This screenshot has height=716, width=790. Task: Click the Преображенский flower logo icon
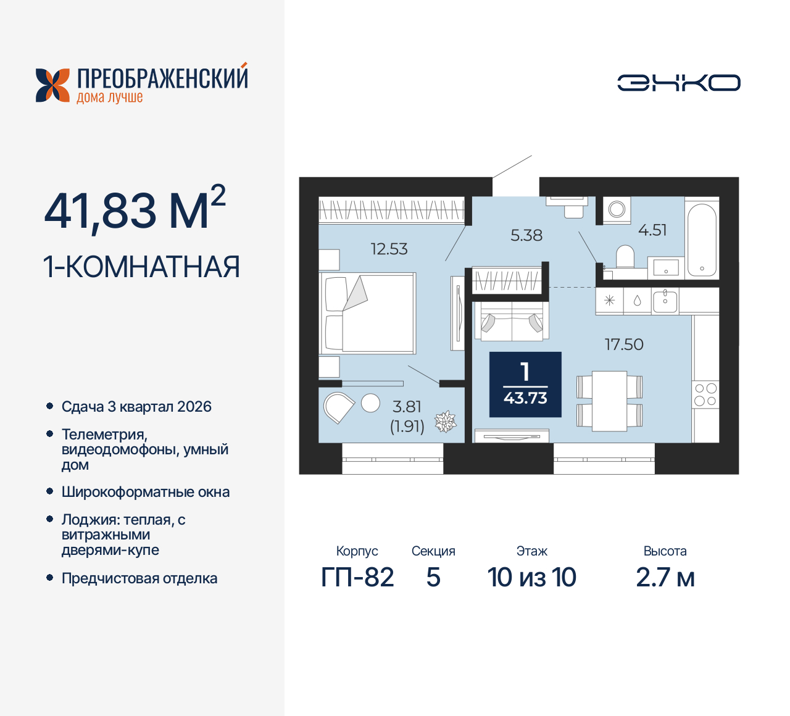pos(52,85)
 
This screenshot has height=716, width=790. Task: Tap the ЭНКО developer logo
pos(678,83)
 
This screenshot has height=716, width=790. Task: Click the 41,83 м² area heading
pos(135,210)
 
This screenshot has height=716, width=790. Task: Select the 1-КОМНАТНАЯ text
pos(141,267)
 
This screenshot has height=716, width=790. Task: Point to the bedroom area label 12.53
pos(389,249)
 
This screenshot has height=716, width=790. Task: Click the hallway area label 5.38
pos(526,235)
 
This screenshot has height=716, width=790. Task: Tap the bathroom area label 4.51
pos(652,230)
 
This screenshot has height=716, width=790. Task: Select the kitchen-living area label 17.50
pos(623,344)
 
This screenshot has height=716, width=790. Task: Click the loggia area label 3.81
pos(407,407)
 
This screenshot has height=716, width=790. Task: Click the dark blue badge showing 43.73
pos(525,385)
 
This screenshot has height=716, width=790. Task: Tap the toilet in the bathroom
pos(625,256)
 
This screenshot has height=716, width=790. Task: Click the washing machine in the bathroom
pos(617,210)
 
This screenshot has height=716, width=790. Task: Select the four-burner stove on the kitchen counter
pos(705,394)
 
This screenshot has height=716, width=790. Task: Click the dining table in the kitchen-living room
pos(609,400)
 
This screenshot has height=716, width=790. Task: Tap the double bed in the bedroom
pos(369,314)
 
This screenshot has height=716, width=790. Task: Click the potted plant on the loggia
pos(445,422)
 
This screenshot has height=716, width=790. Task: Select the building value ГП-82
pos(357,578)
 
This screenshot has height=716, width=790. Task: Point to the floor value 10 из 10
pos(531,578)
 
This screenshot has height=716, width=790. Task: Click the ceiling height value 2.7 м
pos(665,578)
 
